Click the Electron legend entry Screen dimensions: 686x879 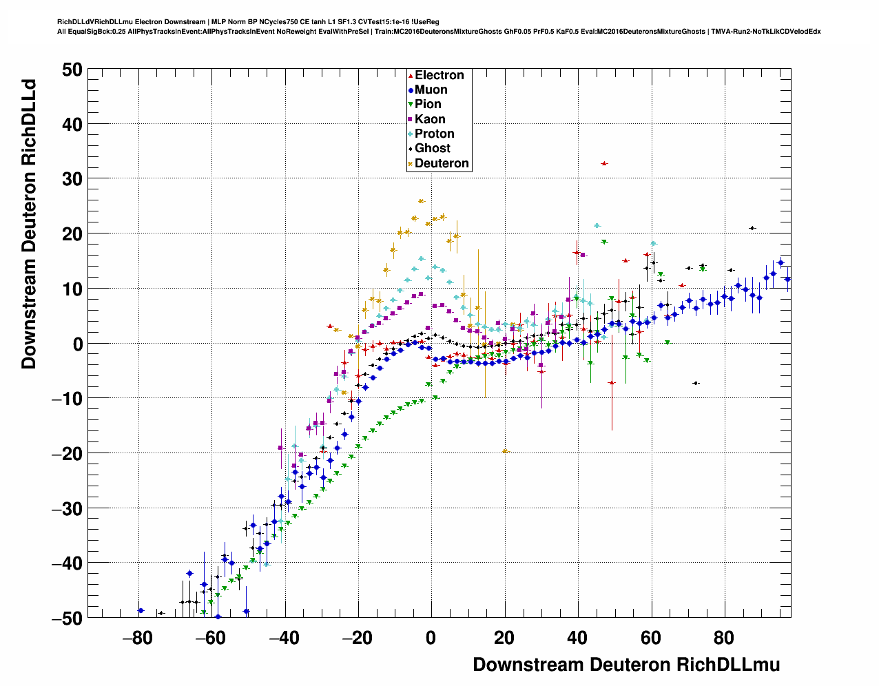pyautogui.click(x=439, y=75)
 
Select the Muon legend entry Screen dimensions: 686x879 pyautogui.click(x=431, y=90)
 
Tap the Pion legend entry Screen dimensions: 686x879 pyautogui.click(x=427, y=104)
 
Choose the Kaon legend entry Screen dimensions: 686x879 pyautogui.click(x=429, y=119)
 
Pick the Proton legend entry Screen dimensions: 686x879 pyautogui.click(x=434, y=134)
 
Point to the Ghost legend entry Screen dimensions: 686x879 pyautogui.click(x=432, y=148)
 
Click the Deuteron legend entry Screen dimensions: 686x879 pyautogui.click(x=441, y=163)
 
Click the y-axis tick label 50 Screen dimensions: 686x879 pyautogui.click(x=72, y=69)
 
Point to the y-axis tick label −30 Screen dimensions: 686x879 pyautogui.click(x=67, y=508)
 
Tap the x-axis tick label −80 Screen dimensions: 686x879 pyautogui.click(x=137, y=638)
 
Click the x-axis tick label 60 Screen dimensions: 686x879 pyautogui.click(x=651, y=638)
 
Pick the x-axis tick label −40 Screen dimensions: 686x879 pyautogui.click(x=284, y=638)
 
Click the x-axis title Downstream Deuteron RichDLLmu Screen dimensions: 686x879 pyautogui.click(x=626, y=665)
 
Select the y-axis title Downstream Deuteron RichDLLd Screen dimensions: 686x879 pyautogui.click(x=29, y=225)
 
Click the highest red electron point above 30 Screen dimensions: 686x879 pyautogui.click(x=604, y=163)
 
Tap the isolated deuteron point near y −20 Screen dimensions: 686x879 pyautogui.click(x=505, y=451)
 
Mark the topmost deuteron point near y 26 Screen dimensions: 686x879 pyautogui.click(x=422, y=201)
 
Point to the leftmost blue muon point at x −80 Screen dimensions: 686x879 pyautogui.click(x=141, y=610)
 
